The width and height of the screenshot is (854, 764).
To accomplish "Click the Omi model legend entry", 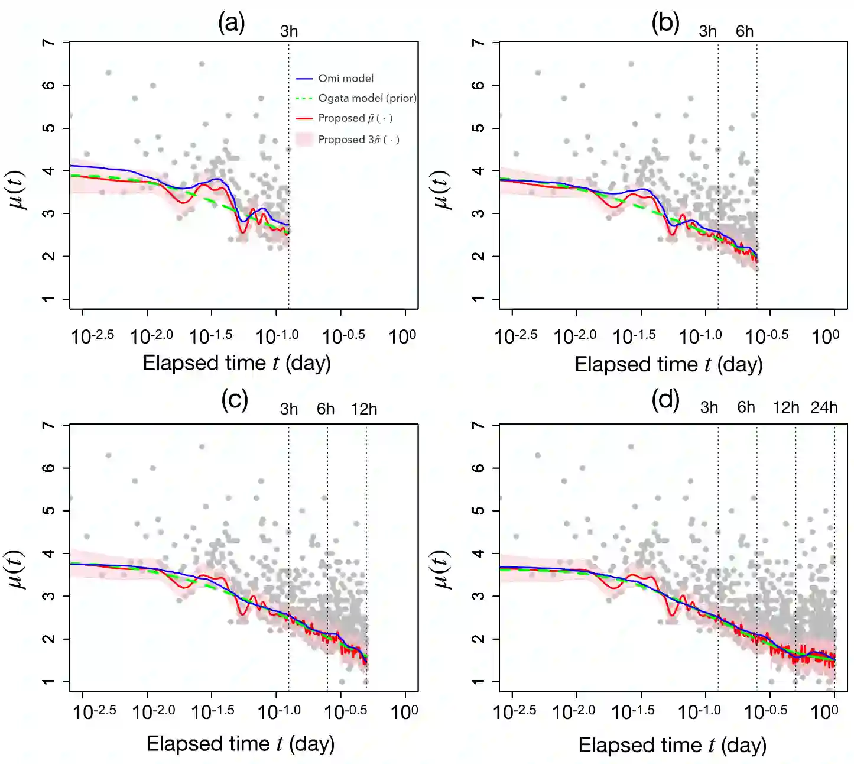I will click(345, 78).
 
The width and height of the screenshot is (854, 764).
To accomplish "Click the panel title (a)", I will click(231, 24).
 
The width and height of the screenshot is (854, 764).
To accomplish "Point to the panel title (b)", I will click(665, 24).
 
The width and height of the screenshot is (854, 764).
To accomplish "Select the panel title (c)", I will click(235, 400).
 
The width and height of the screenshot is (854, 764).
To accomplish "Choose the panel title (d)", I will click(665, 400).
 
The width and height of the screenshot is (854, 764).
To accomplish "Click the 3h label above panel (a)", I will click(289, 31).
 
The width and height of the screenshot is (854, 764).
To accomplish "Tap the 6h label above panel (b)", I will click(745, 31).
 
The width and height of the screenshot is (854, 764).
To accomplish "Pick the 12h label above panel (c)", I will click(364, 409).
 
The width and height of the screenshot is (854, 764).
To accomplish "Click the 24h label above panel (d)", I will click(824, 407).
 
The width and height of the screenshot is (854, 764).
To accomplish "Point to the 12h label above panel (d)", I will click(786, 407).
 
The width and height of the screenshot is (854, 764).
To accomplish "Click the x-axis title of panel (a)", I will click(236, 362).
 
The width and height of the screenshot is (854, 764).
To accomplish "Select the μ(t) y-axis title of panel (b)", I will click(443, 189).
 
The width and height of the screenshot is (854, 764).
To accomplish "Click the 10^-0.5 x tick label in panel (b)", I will click(767, 336).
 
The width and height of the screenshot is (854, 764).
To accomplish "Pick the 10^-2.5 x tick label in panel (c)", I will click(94, 711).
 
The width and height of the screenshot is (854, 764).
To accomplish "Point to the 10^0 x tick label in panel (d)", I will click(824, 711).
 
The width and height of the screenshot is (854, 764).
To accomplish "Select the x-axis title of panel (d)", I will click(672, 745).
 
